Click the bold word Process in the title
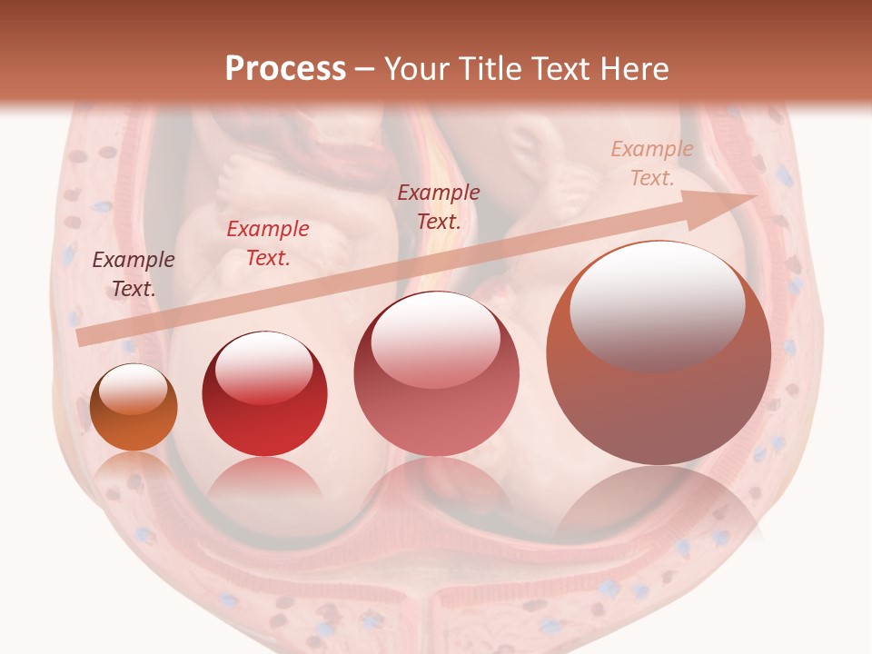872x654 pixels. (x=285, y=69)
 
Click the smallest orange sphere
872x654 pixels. (x=134, y=407)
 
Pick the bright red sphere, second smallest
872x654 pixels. (x=264, y=393)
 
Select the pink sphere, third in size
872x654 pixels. (x=436, y=373)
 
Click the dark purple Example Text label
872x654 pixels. (x=134, y=274)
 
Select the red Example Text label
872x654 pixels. (x=267, y=243)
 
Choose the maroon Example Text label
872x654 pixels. (x=439, y=207)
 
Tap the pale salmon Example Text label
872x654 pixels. (x=651, y=163)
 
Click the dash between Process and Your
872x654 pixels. (x=365, y=69)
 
